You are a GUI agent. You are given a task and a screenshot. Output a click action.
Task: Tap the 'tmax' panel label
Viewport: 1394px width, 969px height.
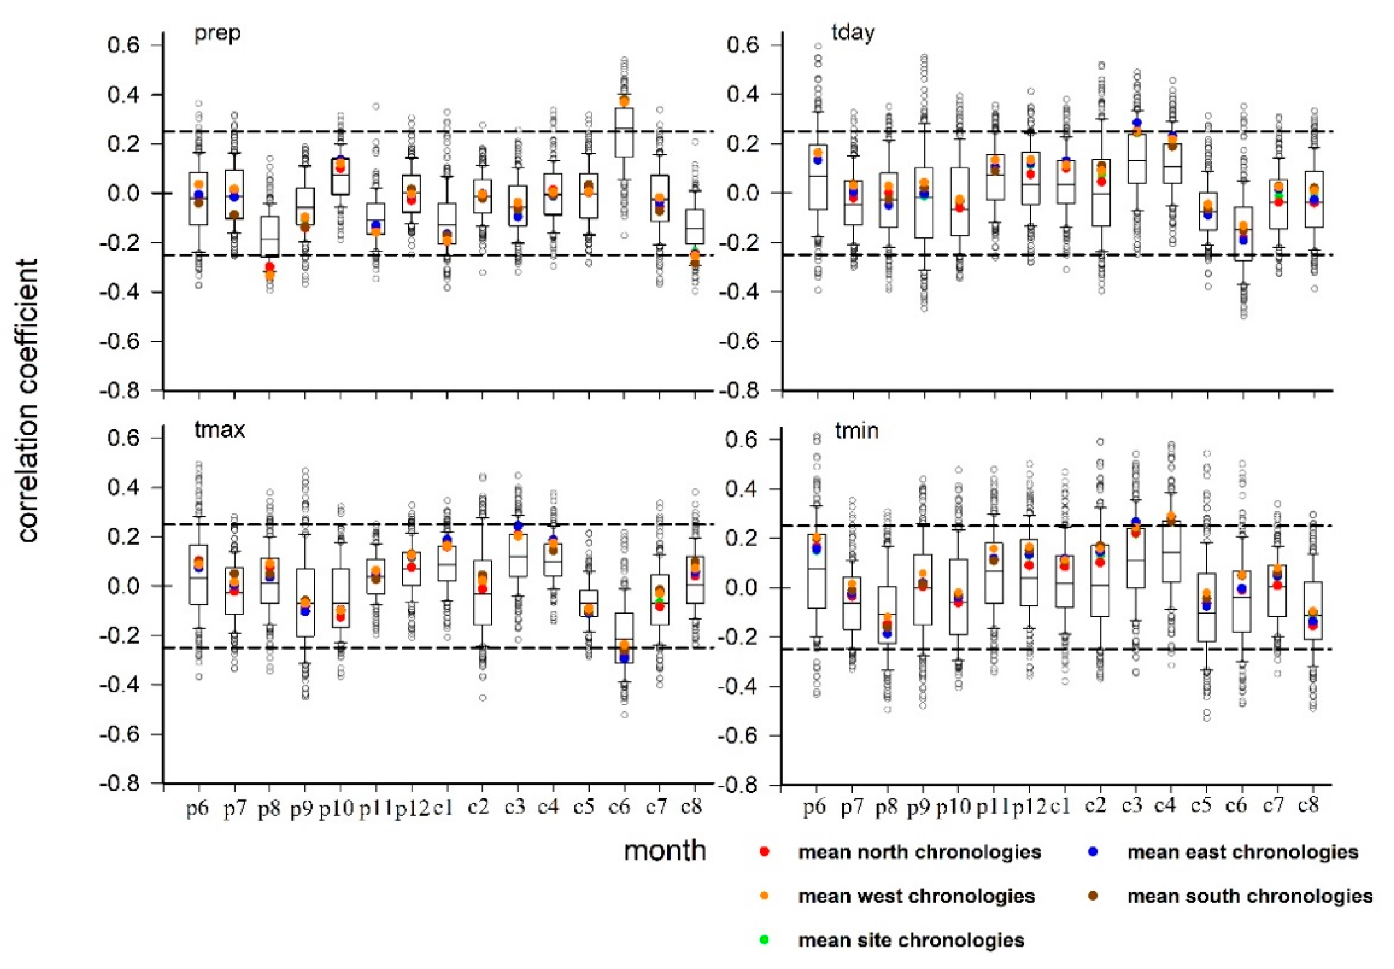pyautogui.click(x=220, y=430)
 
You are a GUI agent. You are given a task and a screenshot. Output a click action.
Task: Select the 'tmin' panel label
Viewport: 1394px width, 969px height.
pyautogui.click(x=857, y=430)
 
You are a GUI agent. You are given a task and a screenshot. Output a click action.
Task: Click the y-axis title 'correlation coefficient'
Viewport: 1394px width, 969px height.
pyautogui.click(x=27, y=401)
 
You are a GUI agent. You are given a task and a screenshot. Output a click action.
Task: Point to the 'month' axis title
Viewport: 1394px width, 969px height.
pyautogui.click(x=665, y=851)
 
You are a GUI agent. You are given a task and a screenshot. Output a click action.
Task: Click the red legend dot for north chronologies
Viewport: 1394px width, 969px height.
pyautogui.click(x=765, y=852)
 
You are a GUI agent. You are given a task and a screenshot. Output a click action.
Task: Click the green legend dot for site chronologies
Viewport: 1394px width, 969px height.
pyautogui.click(x=765, y=940)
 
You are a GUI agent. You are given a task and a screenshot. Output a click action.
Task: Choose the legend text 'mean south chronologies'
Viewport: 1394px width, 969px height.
pyautogui.click(x=1249, y=896)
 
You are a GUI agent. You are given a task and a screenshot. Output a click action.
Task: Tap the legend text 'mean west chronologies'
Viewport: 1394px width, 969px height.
pyautogui.click(x=916, y=896)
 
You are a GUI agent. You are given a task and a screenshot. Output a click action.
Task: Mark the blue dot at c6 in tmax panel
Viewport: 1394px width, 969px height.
pyautogui.click(x=624, y=658)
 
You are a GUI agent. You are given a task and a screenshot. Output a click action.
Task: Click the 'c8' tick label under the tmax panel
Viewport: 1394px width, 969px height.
pyautogui.click(x=692, y=808)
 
